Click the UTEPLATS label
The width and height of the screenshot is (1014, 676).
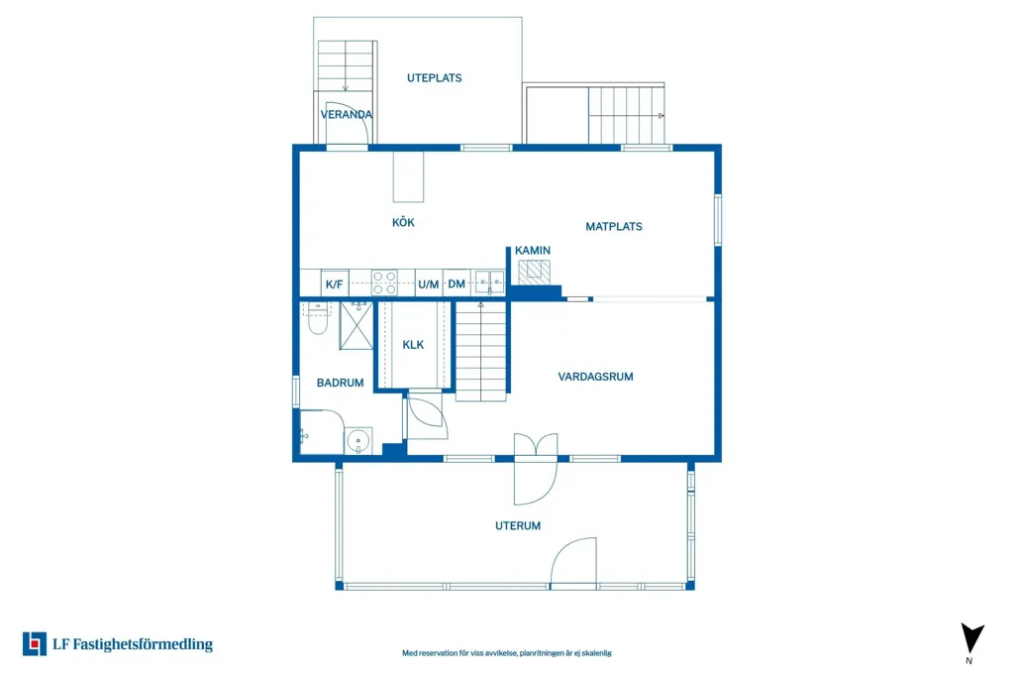(434, 77)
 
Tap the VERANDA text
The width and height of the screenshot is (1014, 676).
(347, 115)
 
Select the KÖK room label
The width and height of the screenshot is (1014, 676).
(403, 222)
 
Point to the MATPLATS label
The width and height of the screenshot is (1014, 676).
(614, 227)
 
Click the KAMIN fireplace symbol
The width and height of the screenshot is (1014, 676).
(534, 272)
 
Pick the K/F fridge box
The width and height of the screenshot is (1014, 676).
(335, 283)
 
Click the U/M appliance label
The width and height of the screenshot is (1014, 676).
(428, 284)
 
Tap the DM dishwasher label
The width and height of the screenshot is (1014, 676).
(456, 283)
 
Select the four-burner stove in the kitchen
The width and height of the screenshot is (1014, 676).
(384, 282)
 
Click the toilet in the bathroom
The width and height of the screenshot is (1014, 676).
(318, 318)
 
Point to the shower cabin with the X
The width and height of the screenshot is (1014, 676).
(356, 326)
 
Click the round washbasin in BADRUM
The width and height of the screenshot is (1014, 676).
(357, 441)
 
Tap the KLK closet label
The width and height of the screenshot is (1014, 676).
(413, 345)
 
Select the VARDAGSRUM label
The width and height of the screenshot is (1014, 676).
(595, 377)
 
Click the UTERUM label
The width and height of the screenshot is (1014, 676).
(518, 525)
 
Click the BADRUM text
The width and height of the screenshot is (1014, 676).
(341, 383)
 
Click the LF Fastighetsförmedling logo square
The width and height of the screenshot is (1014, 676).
(35, 643)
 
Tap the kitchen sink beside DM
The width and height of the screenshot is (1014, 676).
(489, 282)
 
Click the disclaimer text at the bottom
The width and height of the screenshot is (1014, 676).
(507, 653)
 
